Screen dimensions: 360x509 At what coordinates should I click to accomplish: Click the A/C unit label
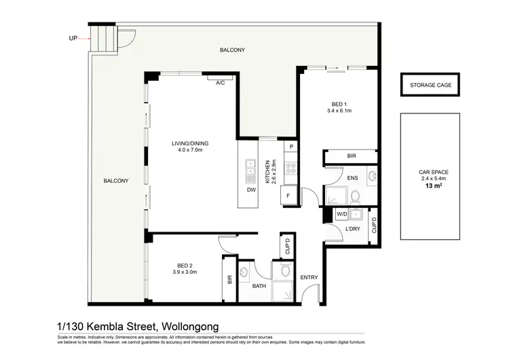click(220, 83)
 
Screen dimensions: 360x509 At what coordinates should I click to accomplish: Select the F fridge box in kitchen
click(289, 196)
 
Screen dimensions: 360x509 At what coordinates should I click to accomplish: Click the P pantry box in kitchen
click(290, 147)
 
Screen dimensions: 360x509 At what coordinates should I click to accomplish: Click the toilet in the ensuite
click(354, 196)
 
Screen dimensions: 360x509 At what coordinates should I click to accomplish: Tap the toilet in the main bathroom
click(286, 271)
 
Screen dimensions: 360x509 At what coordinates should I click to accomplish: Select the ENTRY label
click(309, 277)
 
